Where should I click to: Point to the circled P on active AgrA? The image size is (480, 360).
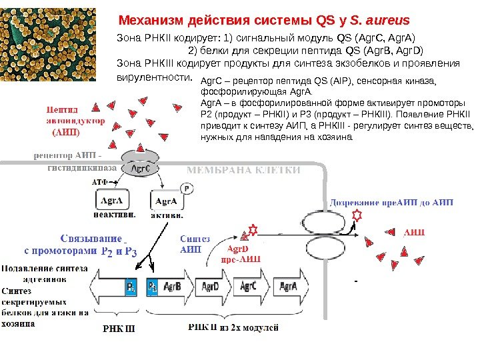187,189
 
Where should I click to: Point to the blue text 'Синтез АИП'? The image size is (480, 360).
195,245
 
